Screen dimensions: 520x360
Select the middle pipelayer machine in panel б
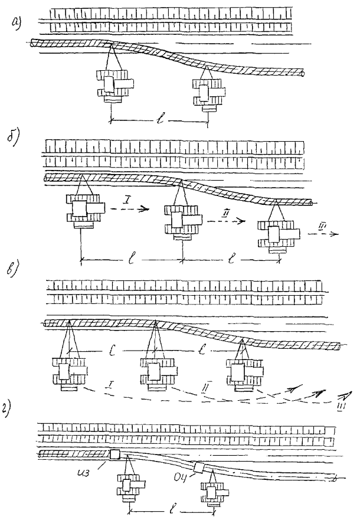tap(181, 221)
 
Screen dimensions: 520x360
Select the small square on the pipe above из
tap(114, 454)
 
